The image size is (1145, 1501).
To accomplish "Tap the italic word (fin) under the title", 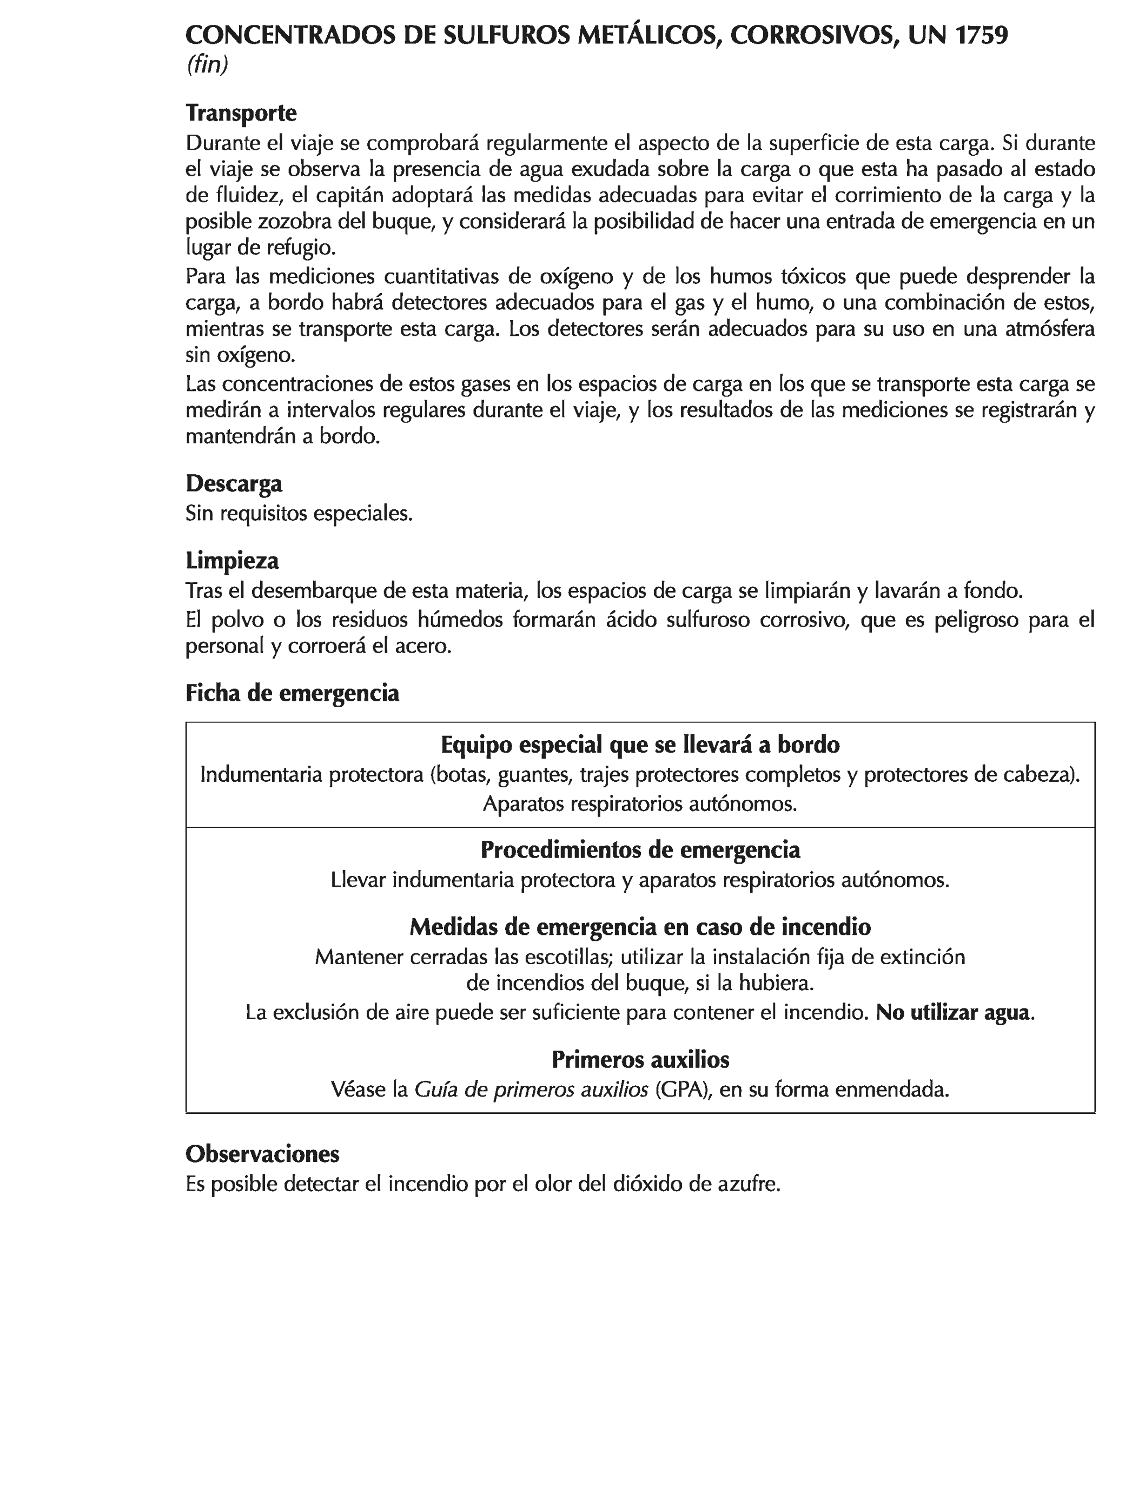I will click(x=207, y=65).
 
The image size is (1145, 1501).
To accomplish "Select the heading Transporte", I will click(x=241, y=112).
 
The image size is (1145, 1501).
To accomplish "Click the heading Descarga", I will click(x=234, y=484).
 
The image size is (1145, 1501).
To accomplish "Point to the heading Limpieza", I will click(x=233, y=561).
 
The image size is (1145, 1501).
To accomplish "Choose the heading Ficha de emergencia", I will click(x=293, y=694).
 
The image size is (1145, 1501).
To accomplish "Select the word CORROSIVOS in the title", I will click(x=812, y=36).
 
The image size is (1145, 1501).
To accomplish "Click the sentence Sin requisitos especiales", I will click(x=299, y=514).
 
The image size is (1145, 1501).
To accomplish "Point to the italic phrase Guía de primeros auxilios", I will click(x=531, y=1090).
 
